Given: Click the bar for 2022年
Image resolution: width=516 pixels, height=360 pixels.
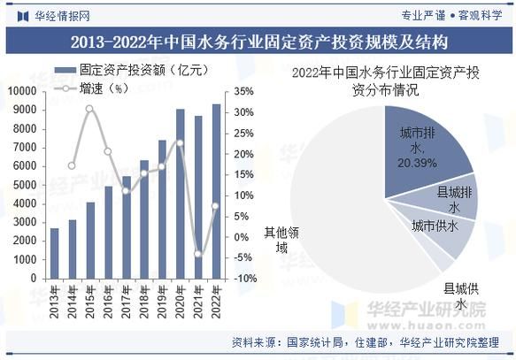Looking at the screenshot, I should [x=216, y=191].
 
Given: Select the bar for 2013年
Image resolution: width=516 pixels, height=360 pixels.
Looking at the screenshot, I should [x=54, y=253].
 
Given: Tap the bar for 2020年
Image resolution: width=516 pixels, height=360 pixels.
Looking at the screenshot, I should [x=180, y=194].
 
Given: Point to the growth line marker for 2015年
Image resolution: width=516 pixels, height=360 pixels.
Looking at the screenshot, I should [x=89, y=109].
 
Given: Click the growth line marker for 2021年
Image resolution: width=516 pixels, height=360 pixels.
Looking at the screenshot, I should [x=198, y=254].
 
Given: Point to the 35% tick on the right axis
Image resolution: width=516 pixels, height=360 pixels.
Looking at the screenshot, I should [x=243, y=91].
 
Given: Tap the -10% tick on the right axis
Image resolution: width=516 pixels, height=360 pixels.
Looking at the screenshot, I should [x=245, y=278].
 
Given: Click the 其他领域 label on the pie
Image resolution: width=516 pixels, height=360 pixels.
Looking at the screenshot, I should [x=282, y=241].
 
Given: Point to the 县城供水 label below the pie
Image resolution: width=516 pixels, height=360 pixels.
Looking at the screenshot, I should [x=461, y=296].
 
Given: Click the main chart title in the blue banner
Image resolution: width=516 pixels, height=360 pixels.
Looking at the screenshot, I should [x=258, y=42].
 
